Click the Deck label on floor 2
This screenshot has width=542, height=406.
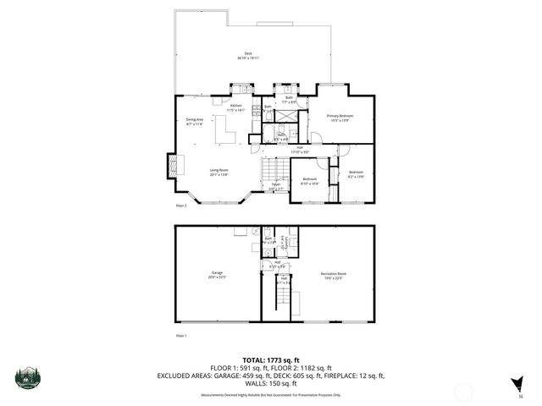[249, 56]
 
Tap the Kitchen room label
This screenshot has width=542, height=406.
[235, 107]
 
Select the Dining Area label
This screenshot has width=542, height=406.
[195, 122]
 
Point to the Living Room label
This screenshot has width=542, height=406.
[218, 173]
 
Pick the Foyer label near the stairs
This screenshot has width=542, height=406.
[275, 187]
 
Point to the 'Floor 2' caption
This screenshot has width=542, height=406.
[180, 206]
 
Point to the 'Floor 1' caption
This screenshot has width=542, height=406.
[180, 336]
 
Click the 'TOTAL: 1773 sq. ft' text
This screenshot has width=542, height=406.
[270, 359]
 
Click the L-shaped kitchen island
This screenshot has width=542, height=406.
[225, 131]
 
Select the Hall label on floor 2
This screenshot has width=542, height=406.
[296, 150]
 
